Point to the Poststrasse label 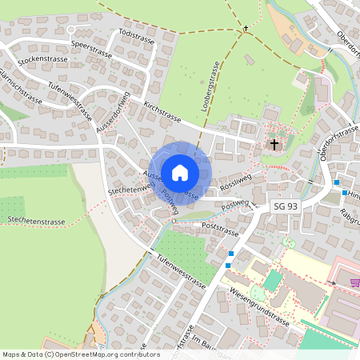point(222,226)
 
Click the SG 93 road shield point(286,206)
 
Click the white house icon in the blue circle point(180,172)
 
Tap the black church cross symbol point(275,145)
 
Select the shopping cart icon point(354,282)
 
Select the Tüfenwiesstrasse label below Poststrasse point(182,272)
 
